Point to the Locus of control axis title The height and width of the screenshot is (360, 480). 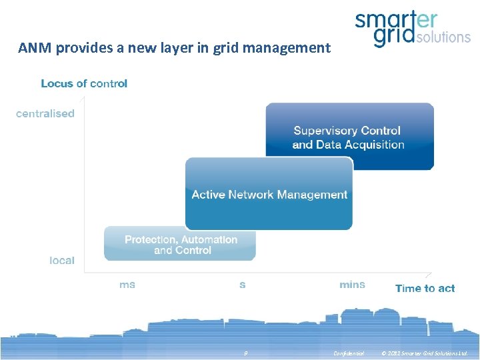84,83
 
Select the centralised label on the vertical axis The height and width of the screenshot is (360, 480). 45,113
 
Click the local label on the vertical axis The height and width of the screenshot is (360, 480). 62,261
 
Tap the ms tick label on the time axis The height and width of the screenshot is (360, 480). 127,285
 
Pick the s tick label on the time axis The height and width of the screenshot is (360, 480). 242,285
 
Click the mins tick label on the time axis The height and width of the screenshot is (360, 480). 352,285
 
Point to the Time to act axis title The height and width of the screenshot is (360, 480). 425,289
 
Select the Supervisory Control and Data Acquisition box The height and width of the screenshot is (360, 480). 349,137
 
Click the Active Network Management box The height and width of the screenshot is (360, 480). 269,194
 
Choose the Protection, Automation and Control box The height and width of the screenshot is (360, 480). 180,244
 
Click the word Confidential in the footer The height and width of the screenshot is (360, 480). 349,353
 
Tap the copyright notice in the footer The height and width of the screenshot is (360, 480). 424,353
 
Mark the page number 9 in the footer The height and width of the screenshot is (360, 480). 245,353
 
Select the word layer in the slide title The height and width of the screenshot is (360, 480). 187,48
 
